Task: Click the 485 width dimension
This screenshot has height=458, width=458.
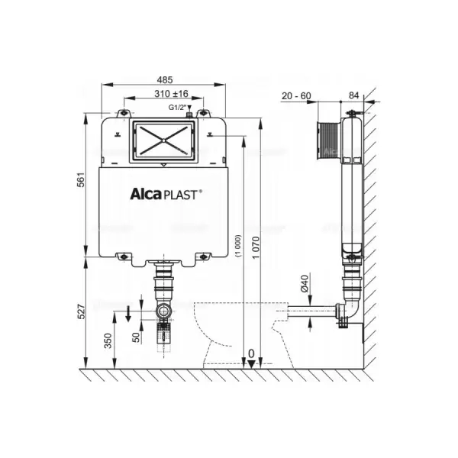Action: (165, 79)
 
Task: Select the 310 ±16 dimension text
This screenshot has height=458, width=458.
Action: (171, 93)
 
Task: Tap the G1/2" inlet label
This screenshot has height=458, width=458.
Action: (177, 108)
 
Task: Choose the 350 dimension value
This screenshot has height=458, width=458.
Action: (108, 340)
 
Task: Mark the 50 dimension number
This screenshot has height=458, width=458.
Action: (136, 337)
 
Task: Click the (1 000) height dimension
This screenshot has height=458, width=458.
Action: (239, 245)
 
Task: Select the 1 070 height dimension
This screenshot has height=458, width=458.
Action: (256, 247)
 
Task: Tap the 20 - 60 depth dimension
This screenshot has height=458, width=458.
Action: (296, 95)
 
